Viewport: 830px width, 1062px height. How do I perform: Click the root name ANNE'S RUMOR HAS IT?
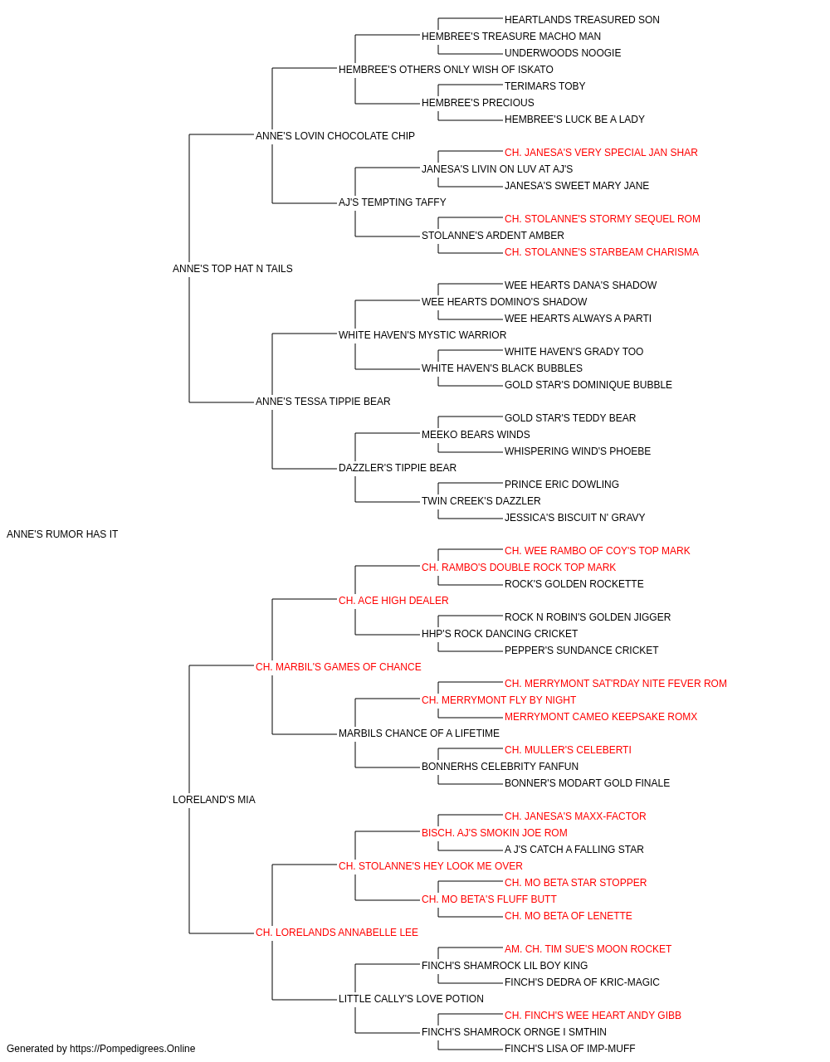62,534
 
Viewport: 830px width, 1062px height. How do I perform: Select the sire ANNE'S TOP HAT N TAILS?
232,269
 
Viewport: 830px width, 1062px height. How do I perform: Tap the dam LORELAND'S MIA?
214,800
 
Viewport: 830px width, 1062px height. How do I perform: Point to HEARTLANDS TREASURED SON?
582,20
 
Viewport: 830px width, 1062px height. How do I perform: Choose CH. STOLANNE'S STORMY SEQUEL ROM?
603,219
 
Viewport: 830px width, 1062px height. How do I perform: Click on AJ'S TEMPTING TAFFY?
393,202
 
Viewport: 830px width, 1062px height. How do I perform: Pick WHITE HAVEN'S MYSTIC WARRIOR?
422,335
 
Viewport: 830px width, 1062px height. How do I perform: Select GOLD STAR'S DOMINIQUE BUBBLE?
588,385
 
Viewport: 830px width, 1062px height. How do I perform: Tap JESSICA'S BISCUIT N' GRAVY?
575,518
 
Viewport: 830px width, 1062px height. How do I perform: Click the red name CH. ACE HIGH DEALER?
393,601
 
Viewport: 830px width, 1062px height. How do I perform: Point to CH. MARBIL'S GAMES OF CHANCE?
339,667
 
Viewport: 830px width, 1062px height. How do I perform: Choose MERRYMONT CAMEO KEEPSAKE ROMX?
601,717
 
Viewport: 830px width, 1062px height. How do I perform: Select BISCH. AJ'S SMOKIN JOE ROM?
495,833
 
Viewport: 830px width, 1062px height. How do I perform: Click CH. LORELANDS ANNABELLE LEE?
337,933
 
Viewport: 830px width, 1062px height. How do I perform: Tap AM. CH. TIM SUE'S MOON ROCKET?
588,949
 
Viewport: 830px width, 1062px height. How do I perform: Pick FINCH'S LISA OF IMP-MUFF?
570,1049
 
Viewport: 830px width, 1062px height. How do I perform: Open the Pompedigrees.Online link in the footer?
133,1049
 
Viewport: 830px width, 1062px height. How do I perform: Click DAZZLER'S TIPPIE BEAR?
398,468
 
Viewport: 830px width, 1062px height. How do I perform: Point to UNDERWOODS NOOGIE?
563,53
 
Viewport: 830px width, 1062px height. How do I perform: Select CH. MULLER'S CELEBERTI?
568,750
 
